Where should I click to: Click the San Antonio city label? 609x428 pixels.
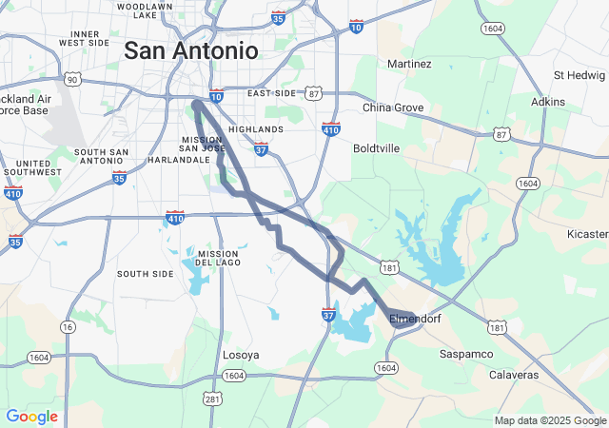[190, 49]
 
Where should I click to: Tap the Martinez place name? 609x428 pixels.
[409, 64]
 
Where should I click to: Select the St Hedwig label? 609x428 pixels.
[580, 75]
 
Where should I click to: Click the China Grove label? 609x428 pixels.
[393, 107]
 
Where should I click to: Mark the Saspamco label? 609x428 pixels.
[466, 354]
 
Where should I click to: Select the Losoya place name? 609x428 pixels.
[241, 355]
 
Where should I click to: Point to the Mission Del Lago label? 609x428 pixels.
[218, 258]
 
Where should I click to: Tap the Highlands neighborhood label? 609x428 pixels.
[256, 129]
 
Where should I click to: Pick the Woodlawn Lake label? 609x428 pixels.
[145, 10]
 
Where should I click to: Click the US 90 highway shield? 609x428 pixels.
[73, 79]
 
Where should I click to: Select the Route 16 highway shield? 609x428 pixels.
[68, 326]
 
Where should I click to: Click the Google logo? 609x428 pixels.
[31, 417]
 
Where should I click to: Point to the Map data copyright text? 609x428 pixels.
[549, 420]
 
